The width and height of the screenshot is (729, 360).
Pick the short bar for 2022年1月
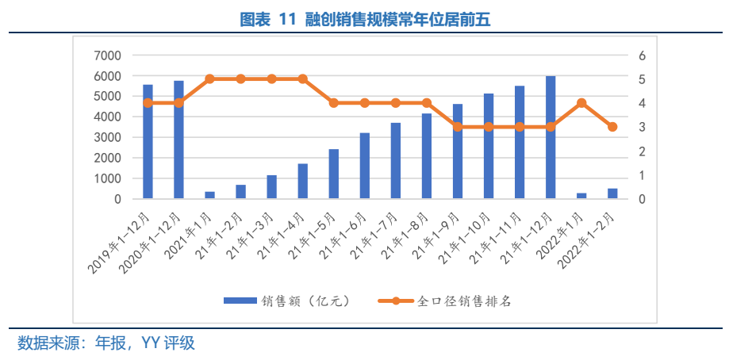(581, 195)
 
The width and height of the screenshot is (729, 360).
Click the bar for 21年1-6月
(365, 166)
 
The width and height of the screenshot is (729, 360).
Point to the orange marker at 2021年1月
(209, 79)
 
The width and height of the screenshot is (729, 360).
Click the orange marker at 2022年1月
(581, 103)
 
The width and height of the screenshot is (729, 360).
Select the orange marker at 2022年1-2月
(612, 127)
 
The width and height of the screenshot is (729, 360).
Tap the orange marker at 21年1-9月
(458, 127)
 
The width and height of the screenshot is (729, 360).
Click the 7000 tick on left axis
(107, 56)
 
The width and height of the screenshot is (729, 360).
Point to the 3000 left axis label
(107, 138)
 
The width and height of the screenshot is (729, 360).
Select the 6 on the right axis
(642, 56)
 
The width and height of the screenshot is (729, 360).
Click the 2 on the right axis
(642, 151)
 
